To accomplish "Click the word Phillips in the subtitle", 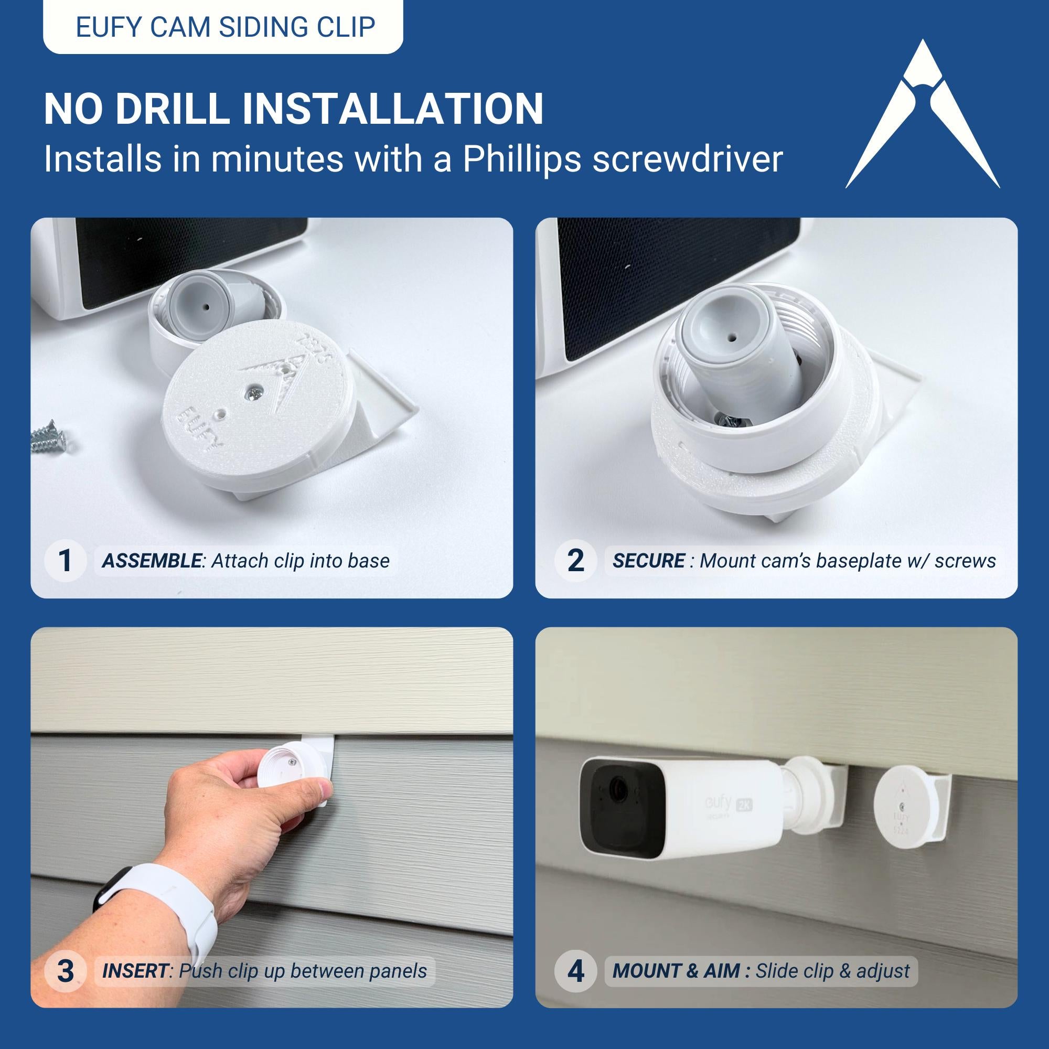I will click(x=522, y=159).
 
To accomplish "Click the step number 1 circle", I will click(x=65, y=561).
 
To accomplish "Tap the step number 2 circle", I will click(x=575, y=561).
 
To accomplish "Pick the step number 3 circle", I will click(x=65, y=970).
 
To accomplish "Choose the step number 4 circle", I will click(x=575, y=970).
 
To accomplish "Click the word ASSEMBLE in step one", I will click(x=152, y=561).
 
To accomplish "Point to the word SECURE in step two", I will click(x=648, y=561).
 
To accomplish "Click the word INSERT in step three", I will click(x=135, y=970).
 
